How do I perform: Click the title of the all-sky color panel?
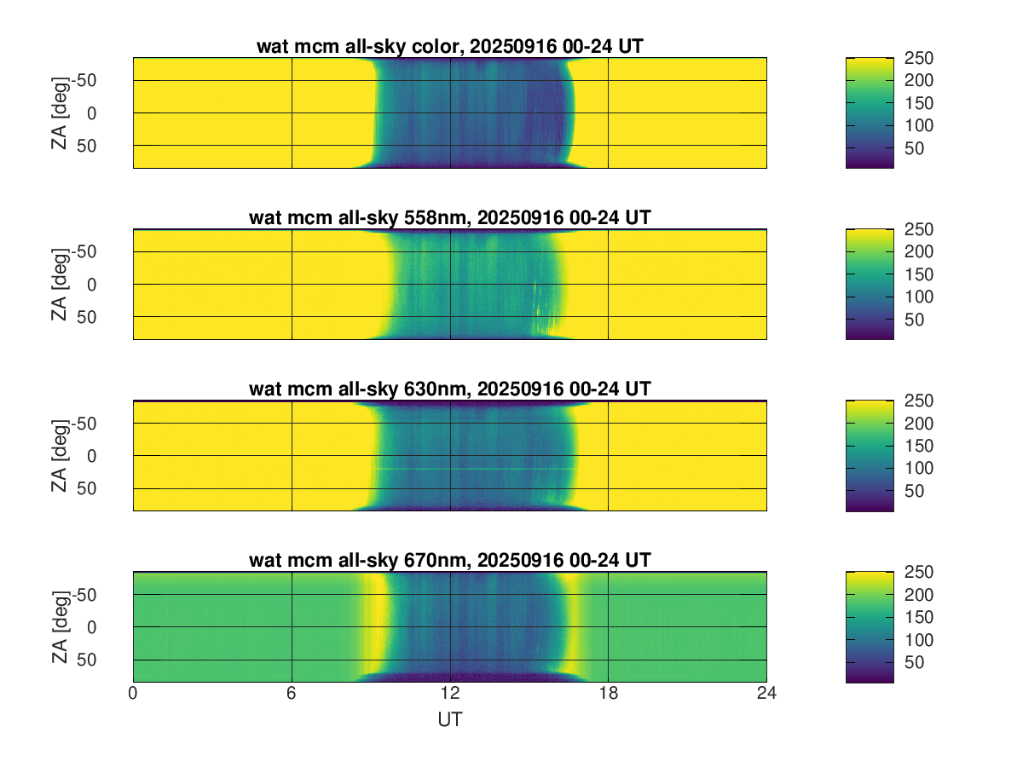(449, 47)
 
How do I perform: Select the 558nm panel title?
(449, 218)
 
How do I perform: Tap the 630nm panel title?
(449, 389)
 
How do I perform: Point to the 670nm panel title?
(449, 561)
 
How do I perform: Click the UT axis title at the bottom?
(449, 720)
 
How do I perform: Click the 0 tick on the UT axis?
(133, 695)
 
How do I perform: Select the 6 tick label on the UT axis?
(292, 695)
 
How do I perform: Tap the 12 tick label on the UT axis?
(450, 695)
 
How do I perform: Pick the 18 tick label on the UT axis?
(608, 695)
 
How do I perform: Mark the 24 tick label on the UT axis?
(766, 695)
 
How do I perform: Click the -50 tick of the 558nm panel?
(110, 251)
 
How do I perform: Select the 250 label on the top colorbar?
(919, 58)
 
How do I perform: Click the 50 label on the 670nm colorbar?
(915, 663)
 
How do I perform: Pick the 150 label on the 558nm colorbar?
(919, 274)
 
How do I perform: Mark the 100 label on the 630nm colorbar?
(919, 468)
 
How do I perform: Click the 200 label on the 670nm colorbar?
(919, 594)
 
